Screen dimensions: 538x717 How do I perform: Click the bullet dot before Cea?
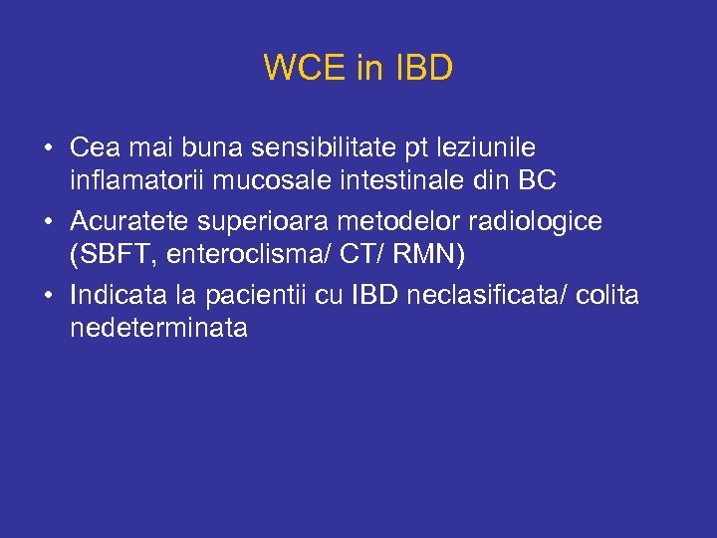[x=48, y=149]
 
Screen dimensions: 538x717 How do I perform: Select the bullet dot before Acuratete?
[x=48, y=222]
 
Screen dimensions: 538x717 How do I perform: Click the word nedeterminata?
[x=158, y=328]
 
